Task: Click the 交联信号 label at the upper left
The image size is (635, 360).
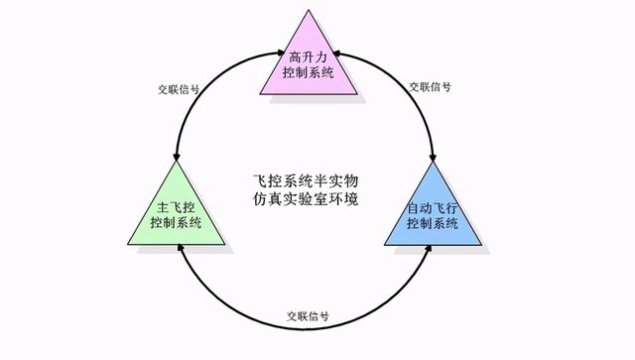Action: coord(179,87)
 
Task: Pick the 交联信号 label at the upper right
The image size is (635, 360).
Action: coord(431,86)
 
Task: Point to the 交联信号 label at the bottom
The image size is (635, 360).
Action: coord(309,317)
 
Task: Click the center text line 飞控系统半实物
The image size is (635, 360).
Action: coord(306,181)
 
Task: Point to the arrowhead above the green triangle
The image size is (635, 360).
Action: coord(178,160)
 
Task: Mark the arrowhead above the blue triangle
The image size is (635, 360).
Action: coord(434,159)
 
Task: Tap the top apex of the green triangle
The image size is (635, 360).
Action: coord(177,164)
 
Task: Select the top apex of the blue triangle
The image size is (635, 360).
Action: coord(434,164)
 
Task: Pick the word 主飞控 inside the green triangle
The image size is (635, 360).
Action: coord(176,208)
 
